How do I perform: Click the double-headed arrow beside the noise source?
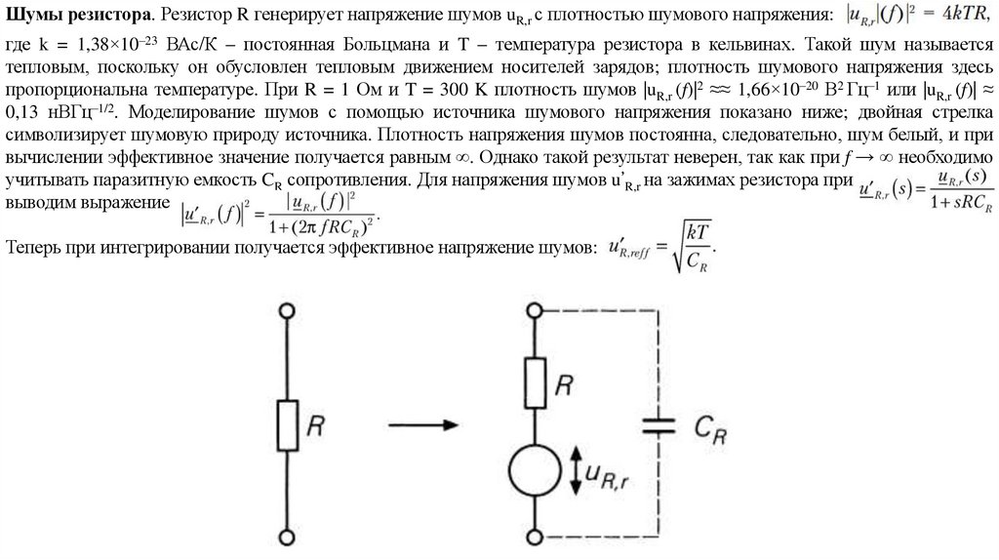tap(575, 473)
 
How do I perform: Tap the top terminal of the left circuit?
tap(286, 311)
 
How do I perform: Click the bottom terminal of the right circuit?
tap(535, 536)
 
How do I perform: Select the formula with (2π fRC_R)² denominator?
tap(279, 213)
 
